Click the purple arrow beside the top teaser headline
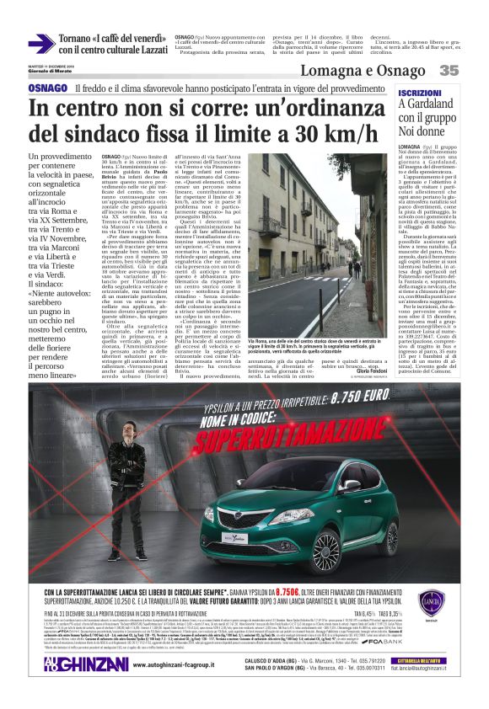41,44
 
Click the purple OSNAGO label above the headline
47,88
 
